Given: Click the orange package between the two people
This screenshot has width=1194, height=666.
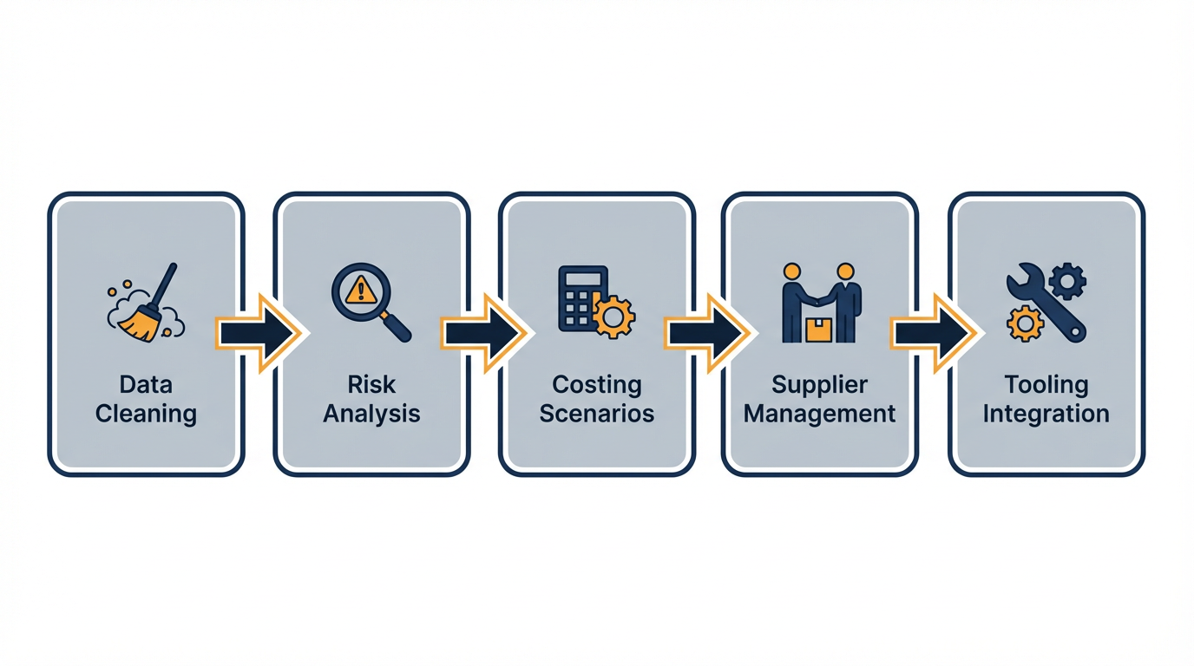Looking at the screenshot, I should (818, 330).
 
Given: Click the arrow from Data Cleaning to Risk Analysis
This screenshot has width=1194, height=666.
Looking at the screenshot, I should (258, 333).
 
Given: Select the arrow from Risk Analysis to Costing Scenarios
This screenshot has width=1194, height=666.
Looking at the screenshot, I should (483, 333).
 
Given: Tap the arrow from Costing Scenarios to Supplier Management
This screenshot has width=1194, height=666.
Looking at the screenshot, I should (707, 333).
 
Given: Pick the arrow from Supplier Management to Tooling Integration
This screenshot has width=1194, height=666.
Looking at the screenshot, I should (933, 333).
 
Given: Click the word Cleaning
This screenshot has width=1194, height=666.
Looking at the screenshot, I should (146, 414).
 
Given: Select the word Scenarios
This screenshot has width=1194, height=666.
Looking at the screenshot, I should (597, 414).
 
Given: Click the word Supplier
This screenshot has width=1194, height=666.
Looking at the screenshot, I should (819, 384).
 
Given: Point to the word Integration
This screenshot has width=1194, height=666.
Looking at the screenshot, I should (1046, 414).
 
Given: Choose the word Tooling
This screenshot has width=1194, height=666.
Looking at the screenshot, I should (1046, 384).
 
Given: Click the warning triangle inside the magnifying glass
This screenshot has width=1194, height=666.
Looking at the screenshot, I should (360, 291).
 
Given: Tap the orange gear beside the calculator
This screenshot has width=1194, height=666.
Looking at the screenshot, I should (613, 317).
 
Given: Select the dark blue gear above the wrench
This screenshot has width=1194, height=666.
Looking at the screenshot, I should (1066, 281).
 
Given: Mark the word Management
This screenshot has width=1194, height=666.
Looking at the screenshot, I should (819, 414).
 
